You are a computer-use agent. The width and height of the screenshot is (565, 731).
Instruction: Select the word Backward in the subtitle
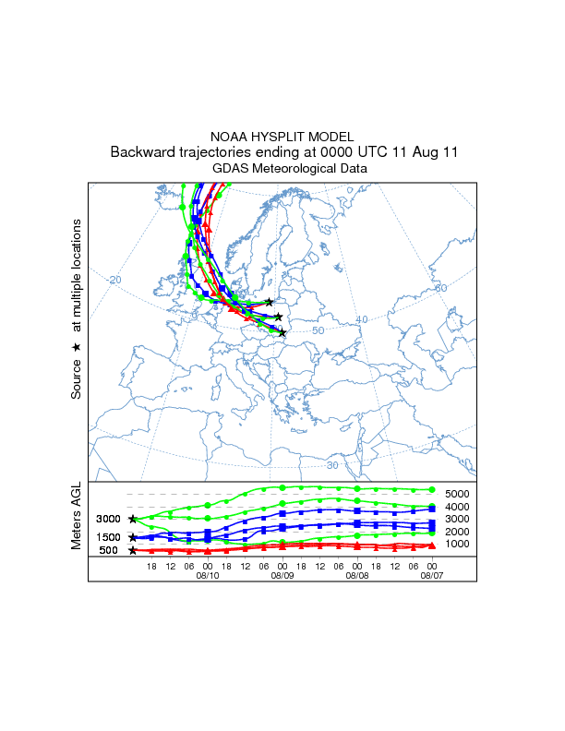[x=142, y=151]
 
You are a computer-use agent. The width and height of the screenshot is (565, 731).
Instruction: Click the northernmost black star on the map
[x=269, y=302]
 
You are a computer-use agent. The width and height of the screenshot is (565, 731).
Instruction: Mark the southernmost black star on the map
[x=282, y=333]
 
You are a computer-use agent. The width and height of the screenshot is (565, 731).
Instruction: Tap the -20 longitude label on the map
[x=114, y=280]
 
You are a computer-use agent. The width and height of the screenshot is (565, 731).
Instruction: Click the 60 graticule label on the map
[x=440, y=288]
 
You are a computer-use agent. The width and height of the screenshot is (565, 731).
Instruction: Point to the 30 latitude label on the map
[x=332, y=439]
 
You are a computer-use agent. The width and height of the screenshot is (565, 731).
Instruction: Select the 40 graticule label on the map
[x=362, y=319]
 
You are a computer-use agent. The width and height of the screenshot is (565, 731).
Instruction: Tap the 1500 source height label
[x=109, y=537]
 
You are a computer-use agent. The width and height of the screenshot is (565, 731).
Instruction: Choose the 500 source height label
[x=109, y=551]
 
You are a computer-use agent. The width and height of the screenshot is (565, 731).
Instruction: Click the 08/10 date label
[x=208, y=575]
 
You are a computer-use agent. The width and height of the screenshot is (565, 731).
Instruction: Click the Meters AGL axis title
[x=78, y=518]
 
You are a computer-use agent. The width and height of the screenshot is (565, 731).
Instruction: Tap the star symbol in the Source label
[x=78, y=347]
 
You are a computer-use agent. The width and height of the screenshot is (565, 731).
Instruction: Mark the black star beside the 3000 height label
[x=133, y=520]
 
